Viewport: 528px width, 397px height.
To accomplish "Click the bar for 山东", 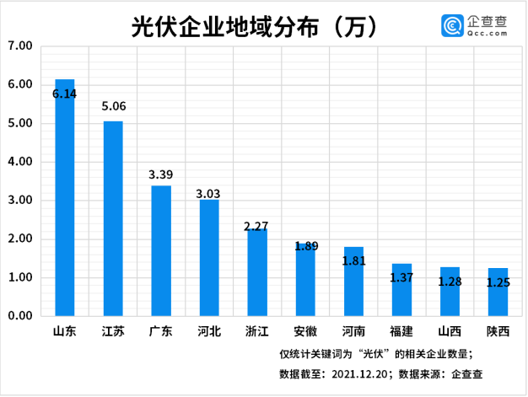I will (65, 198).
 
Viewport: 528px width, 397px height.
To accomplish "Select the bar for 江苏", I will (113, 219).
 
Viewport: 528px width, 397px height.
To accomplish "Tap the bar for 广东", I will (161, 251).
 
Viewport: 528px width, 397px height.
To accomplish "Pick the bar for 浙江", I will (256, 272).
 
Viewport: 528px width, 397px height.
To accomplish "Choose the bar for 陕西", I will (498, 292).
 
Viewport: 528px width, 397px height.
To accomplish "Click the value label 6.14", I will (65, 94).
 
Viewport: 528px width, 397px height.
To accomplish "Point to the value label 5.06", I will (113, 107).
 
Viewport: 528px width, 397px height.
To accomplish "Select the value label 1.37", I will (401, 276).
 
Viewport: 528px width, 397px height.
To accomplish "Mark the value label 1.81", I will (353, 261).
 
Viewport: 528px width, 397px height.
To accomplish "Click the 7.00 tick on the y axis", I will (19, 46).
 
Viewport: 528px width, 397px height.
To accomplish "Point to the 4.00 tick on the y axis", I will (19, 162).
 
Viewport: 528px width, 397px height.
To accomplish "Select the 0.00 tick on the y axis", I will (19, 316).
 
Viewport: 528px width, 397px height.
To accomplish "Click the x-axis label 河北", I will (208, 332).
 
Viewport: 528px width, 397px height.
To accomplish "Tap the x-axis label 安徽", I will (304, 332).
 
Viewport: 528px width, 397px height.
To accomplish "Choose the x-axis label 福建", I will (401, 332).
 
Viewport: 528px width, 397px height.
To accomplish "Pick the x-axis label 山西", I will (450, 332).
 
